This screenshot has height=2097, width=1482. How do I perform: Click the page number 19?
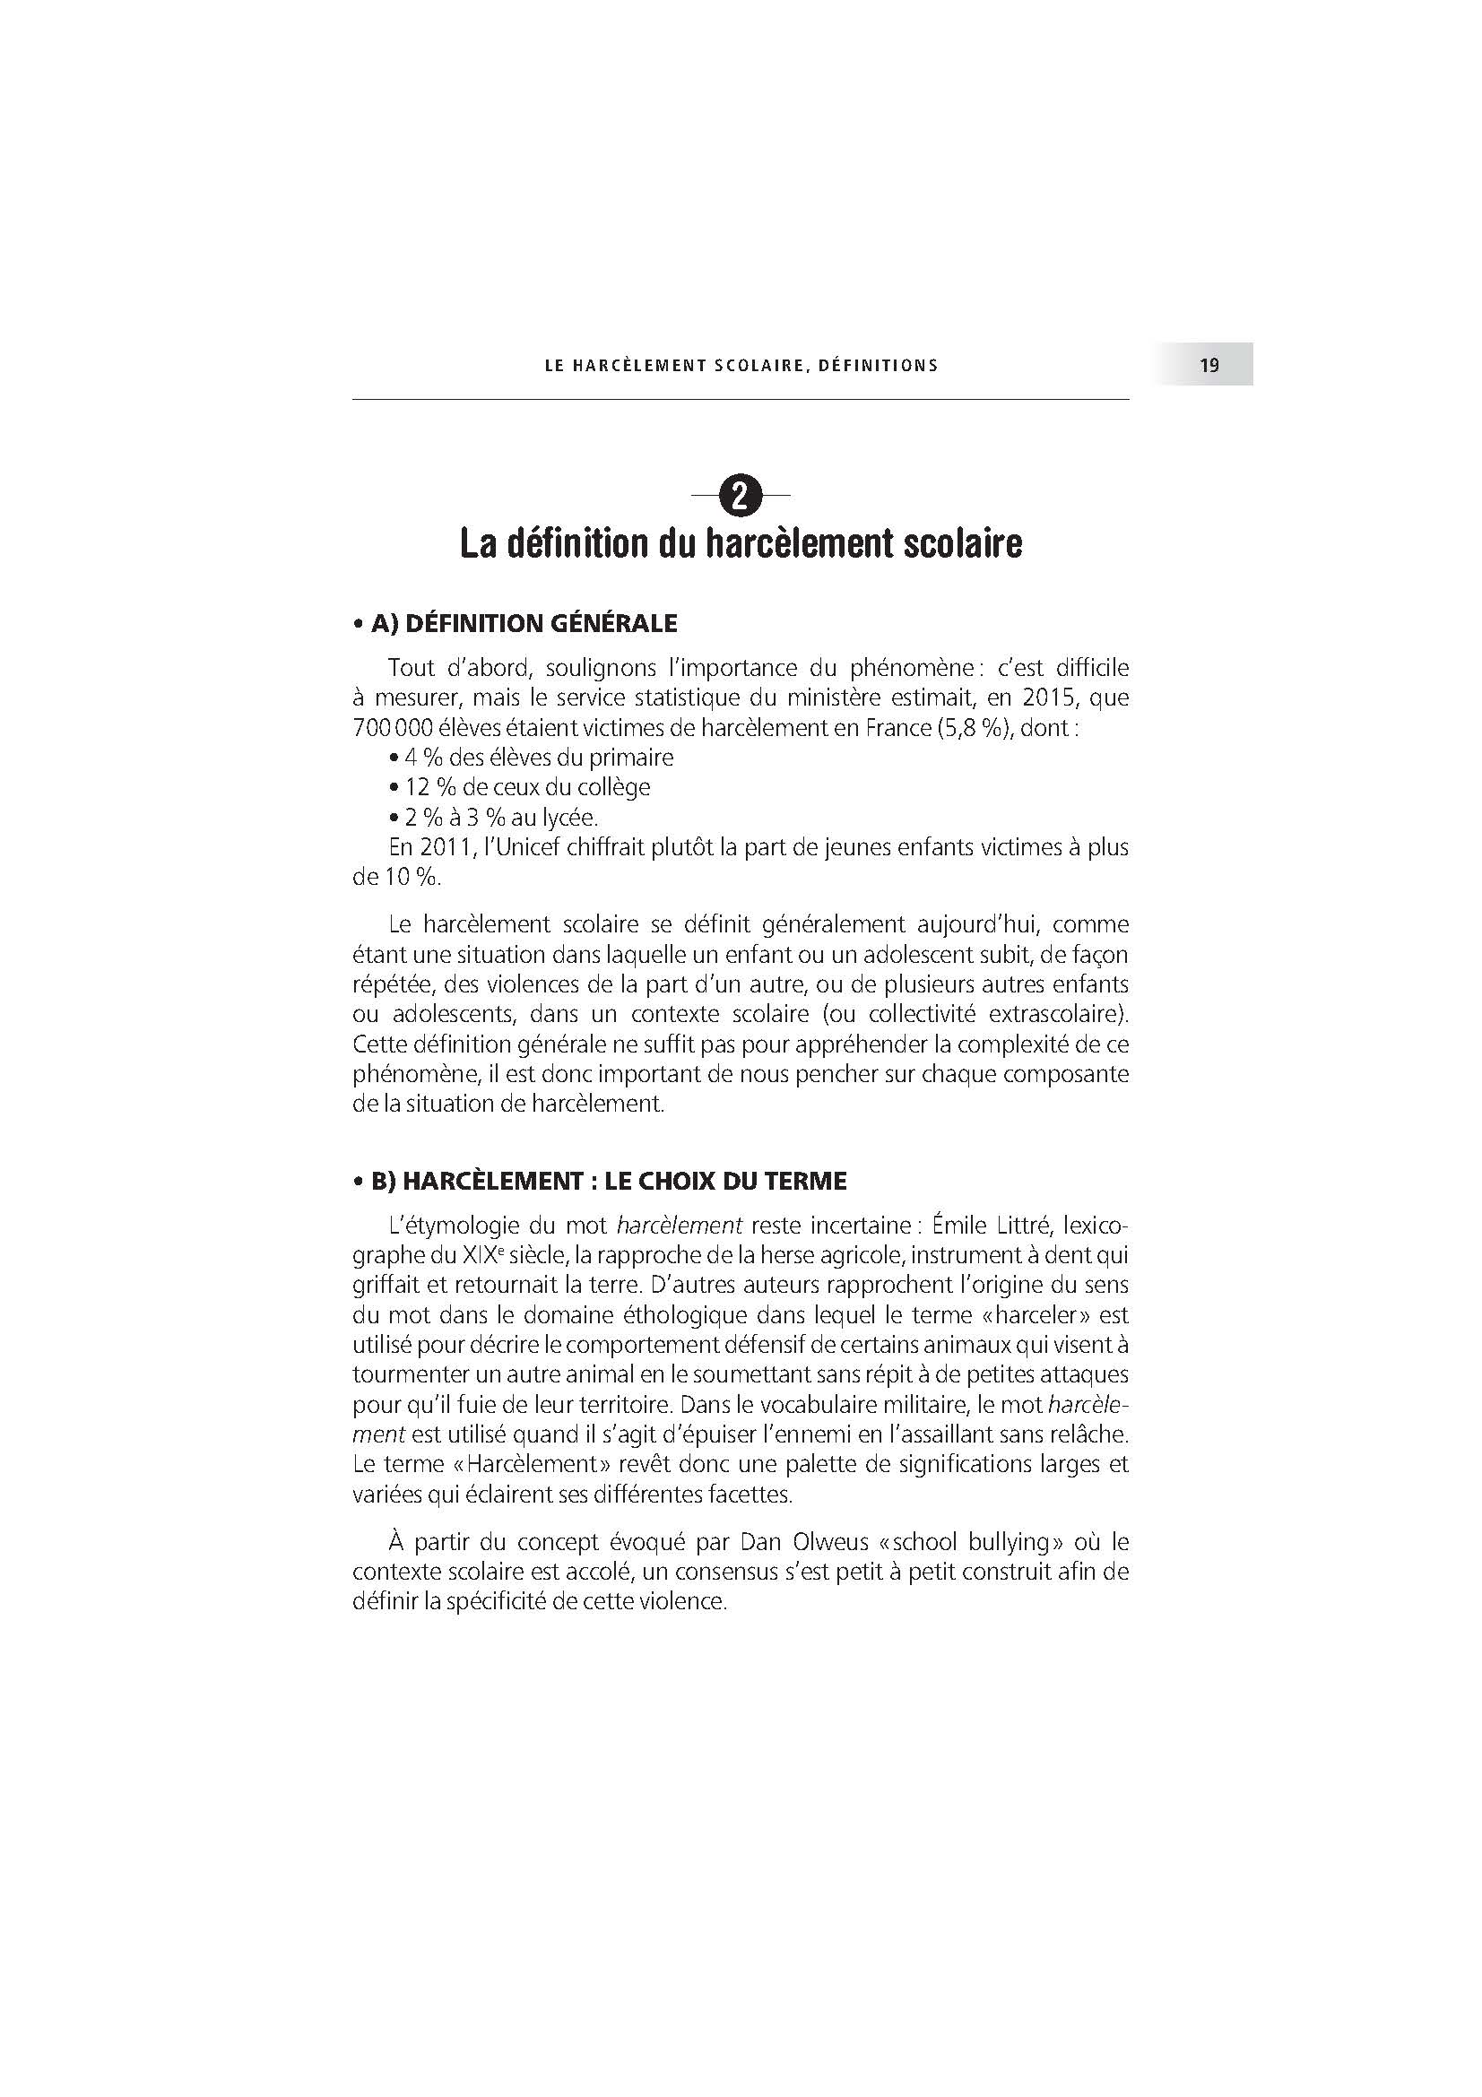tap(1209, 365)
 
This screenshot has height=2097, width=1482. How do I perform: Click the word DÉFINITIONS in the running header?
tap(878, 365)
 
